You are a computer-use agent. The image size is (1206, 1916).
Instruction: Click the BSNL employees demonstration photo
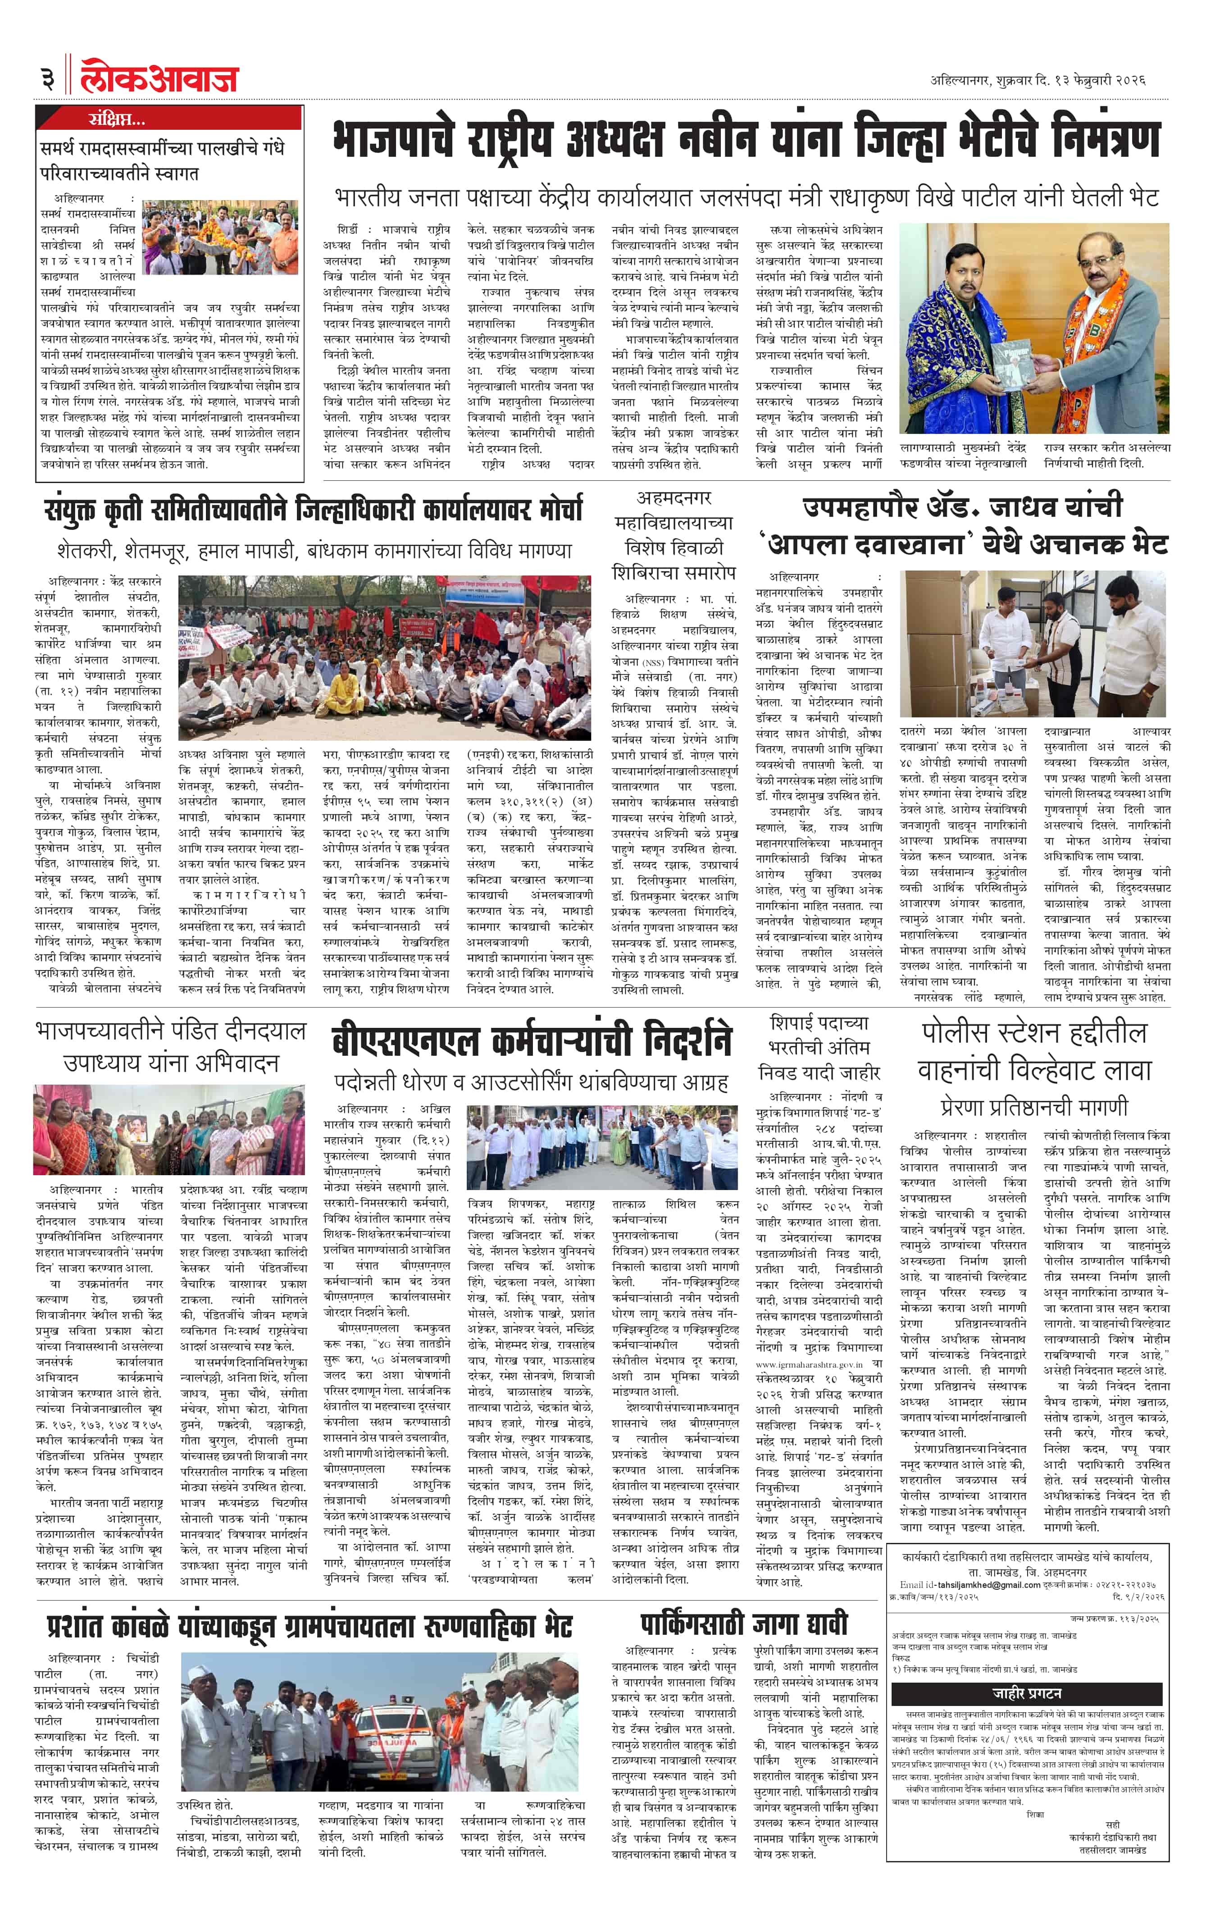coord(602,1146)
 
